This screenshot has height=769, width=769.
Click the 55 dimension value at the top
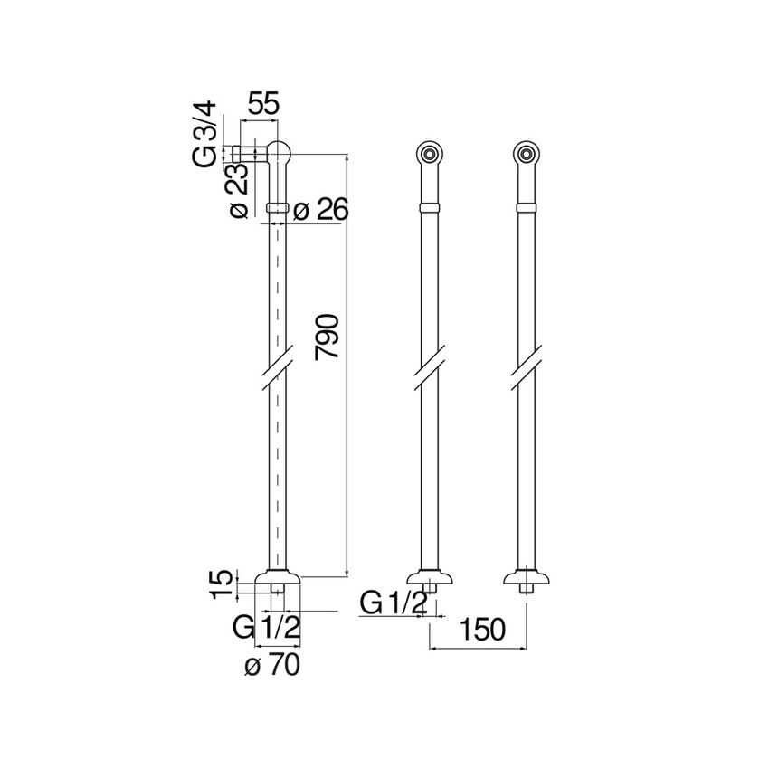(x=263, y=103)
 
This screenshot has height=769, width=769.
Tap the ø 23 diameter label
(x=239, y=191)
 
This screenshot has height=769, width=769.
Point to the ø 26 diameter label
(x=320, y=211)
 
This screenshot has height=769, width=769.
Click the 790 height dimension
(x=328, y=337)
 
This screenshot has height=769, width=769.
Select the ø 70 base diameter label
(x=272, y=666)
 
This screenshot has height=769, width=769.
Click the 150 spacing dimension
(x=482, y=630)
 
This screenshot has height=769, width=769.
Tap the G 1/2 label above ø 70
(x=266, y=627)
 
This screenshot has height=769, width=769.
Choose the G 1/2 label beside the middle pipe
(x=393, y=603)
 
